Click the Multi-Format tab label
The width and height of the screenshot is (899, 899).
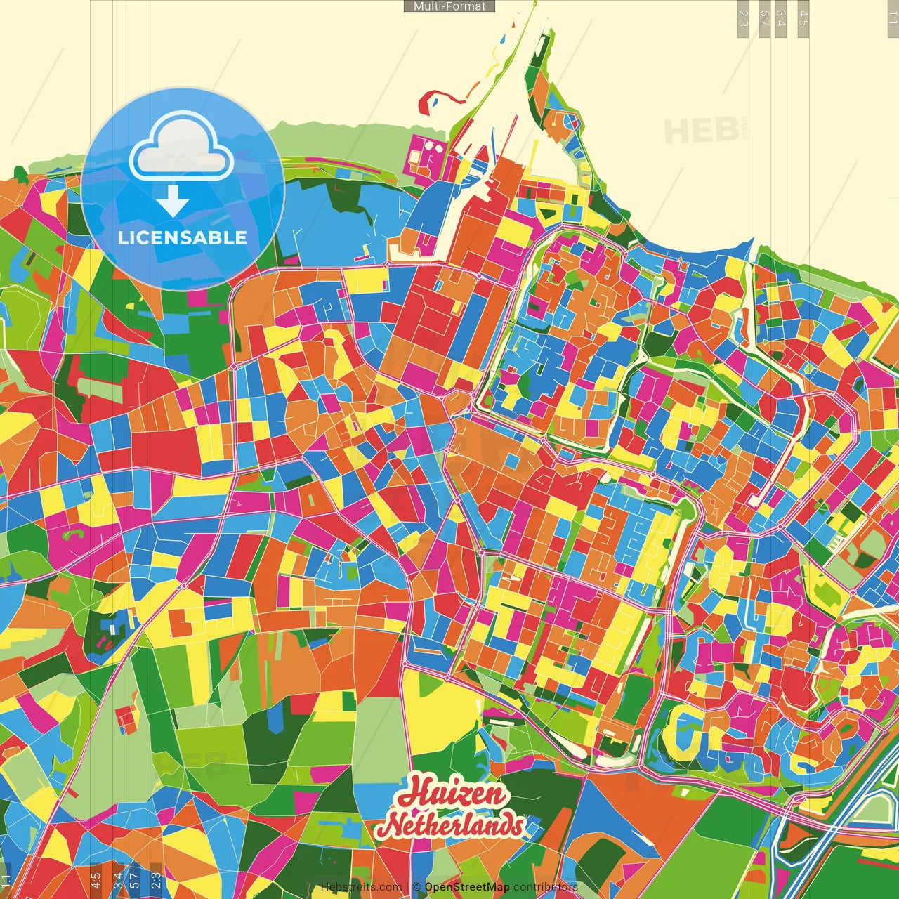449,6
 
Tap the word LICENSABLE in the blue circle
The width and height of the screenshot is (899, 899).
183,237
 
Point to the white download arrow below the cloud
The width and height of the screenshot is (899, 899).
173,202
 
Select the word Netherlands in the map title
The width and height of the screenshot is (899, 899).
453,825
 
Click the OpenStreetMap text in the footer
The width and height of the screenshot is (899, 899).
466,887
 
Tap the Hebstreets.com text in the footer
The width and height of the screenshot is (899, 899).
361,887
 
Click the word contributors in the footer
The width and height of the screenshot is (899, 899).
545,887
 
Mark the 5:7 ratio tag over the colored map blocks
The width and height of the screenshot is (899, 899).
134,878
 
